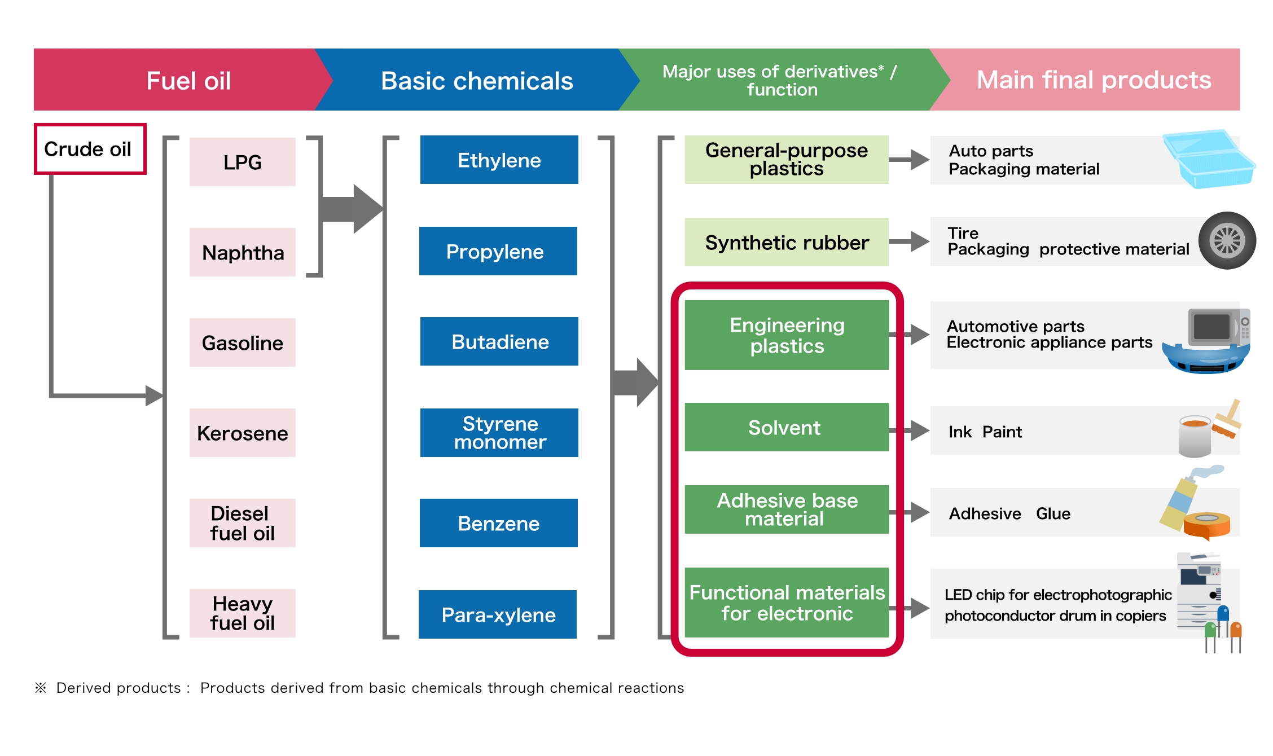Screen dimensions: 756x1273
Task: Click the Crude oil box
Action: [x=90, y=149]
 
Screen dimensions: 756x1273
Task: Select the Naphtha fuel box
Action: [x=243, y=252]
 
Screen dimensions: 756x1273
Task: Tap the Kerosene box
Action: [x=243, y=433]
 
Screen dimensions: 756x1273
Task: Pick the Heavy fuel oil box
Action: [x=243, y=613]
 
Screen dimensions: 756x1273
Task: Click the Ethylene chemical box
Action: [x=499, y=160]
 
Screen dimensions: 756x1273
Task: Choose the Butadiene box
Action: [x=499, y=341]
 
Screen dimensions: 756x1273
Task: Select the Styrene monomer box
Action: [x=499, y=433]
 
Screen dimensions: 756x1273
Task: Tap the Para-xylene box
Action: [x=498, y=614]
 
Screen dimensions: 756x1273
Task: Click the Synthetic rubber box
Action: [x=787, y=242]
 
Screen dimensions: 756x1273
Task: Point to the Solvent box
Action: [x=787, y=427]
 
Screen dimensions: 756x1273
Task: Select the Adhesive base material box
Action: [x=787, y=509]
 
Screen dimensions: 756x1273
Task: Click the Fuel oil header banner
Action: [x=181, y=80]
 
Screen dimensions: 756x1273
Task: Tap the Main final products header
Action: [x=1094, y=80]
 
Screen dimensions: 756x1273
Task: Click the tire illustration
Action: [x=1227, y=241]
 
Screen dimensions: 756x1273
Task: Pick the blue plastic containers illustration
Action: [x=1208, y=159]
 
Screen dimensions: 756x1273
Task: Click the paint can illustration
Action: [x=1195, y=436]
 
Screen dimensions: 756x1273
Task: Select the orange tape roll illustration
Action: [x=1206, y=525]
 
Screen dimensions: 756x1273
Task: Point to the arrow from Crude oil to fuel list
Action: [x=102, y=395]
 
